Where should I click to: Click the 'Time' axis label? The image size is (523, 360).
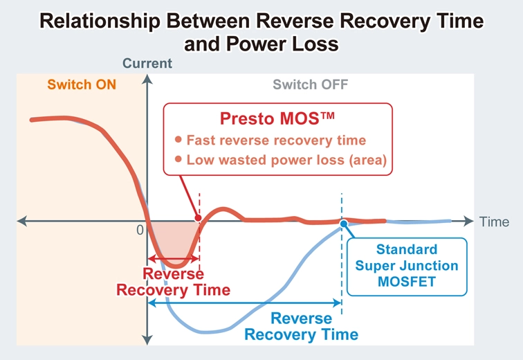pyautogui.click(x=495, y=222)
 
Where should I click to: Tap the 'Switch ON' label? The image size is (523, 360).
pyautogui.click(x=82, y=85)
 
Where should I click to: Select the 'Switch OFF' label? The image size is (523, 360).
pyautogui.click(x=310, y=85)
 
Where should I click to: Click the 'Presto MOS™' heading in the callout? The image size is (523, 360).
pyautogui.click(x=277, y=118)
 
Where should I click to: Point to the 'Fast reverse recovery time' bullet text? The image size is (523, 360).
pyautogui.click(x=276, y=141)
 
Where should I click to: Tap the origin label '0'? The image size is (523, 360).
pyautogui.click(x=140, y=230)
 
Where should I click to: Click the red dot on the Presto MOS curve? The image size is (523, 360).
pyautogui.click(x=199, y=219)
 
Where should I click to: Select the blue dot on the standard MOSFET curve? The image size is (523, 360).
pyautogui.click(x=343, y=223)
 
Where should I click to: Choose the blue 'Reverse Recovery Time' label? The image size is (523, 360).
pyautogui.click(x=302, y=327)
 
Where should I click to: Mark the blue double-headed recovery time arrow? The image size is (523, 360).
pyautogui.click(x=246, y=303)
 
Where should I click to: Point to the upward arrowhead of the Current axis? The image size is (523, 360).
pyautogui.click(x=147, y=78)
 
